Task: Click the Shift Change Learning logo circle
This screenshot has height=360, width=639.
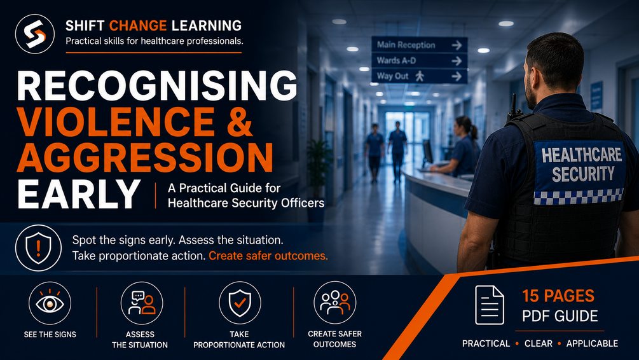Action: tap(34, 34)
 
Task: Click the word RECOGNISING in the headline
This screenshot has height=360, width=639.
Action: tap(157, 86)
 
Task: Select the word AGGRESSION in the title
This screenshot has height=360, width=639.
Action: tap(145, 157)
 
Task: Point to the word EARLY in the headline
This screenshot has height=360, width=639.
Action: tap(79, 194)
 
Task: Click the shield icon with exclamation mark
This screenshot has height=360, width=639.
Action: tap(38, 248)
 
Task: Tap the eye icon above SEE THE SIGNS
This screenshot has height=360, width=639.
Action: tap(50, 303)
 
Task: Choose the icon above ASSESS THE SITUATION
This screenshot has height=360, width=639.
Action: tap(141, 303)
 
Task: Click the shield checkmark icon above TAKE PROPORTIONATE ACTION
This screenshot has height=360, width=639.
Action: tap(240, 303)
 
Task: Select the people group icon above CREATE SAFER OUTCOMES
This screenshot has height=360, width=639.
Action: tap(334, 303)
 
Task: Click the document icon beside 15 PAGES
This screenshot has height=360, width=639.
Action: tap(490, 305)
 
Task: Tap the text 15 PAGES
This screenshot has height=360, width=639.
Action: tap(558, 296)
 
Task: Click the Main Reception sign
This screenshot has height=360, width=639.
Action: tap(420, 45)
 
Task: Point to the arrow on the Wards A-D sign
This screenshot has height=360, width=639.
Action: tap(457, 61)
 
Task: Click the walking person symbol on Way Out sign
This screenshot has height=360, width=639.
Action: tap(420, 76)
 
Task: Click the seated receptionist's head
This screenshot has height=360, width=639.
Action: tap(464, 127)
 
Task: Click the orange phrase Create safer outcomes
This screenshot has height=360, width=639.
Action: tap(268, 256)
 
